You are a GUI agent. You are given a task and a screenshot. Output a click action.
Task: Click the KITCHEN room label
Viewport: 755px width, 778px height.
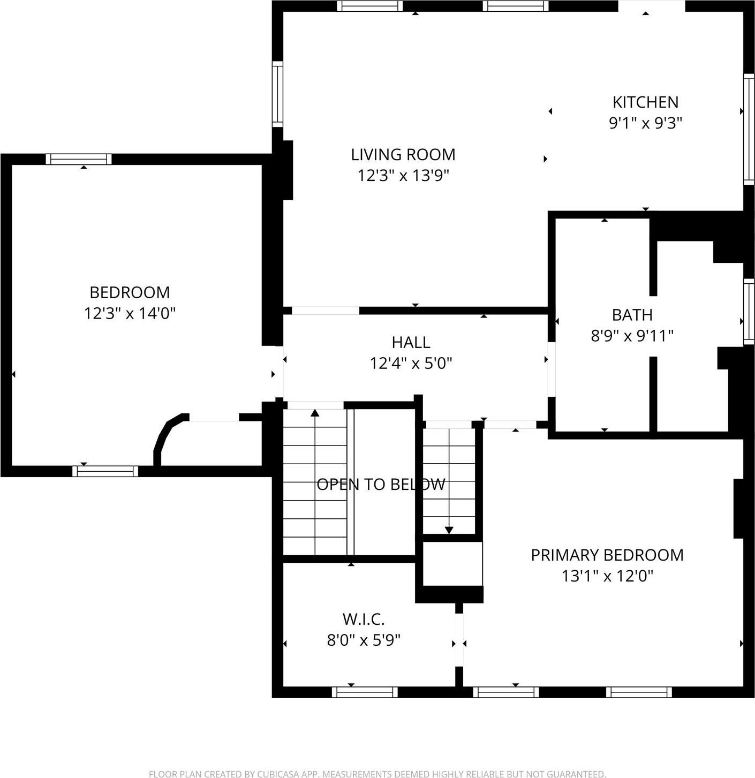click(645, 102)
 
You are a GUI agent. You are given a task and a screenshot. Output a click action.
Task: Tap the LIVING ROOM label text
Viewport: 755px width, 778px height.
click(403, 155)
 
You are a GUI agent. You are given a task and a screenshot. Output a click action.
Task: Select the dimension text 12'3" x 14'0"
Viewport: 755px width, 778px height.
click(130, 313)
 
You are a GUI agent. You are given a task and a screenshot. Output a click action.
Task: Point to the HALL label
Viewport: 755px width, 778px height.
click(411, 342)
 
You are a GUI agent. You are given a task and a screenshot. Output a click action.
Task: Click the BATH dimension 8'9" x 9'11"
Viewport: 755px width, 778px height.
click(632, 336)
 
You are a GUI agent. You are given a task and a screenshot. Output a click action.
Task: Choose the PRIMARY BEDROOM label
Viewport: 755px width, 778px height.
click(607, 555)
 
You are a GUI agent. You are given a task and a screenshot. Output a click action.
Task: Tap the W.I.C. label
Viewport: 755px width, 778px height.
click(364, 620)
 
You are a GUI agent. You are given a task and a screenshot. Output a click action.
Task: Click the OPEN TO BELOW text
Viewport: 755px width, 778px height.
click(381, 485)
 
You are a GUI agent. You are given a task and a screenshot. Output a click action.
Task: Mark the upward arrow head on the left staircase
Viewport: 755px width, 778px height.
click(315, 413)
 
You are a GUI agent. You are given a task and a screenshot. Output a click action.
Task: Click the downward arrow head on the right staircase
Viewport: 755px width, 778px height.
click(449, 530)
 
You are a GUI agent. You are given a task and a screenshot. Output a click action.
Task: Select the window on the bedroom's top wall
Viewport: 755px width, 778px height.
click(79, 159)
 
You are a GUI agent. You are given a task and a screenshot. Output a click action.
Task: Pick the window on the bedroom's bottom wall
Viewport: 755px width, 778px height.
click(105, 471)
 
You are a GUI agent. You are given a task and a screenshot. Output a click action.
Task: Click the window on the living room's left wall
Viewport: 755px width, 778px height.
click(277, 94)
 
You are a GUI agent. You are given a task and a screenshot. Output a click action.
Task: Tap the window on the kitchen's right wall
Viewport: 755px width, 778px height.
click(749, 130)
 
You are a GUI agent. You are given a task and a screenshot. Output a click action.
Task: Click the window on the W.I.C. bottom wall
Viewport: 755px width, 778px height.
click(365, 692)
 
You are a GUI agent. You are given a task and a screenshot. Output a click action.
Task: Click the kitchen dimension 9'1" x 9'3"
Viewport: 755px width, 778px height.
click(645, 123)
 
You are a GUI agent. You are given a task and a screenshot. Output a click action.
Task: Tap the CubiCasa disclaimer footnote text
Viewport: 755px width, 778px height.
click(377, 774)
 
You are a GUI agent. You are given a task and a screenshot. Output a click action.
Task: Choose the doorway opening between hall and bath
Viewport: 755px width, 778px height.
click(551, 369)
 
